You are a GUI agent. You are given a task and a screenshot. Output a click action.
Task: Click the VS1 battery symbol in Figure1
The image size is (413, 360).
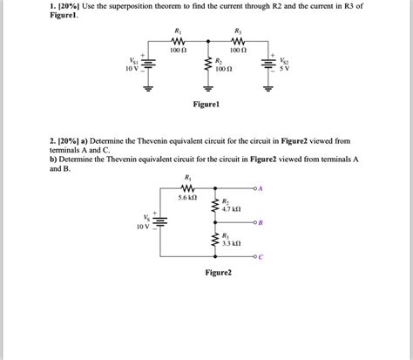point(148,63)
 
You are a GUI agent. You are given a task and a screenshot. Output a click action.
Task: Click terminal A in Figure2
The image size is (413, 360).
point(259,187)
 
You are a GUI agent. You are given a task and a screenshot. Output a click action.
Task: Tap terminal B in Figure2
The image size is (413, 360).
point(259,224)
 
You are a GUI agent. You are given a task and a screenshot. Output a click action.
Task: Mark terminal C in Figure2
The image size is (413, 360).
point(259,258)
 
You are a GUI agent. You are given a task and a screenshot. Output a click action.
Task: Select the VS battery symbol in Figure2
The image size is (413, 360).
point(161,221)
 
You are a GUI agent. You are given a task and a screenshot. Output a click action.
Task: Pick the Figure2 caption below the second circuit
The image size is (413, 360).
point(218,272)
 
